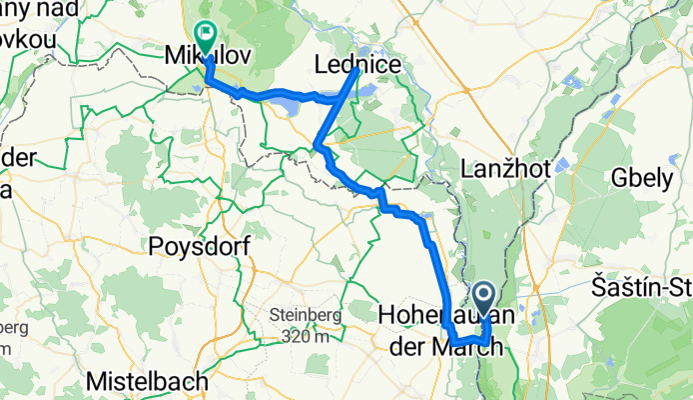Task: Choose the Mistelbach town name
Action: pos(147,381)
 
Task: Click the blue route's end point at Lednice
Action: pos(357,70)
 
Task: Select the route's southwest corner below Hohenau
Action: pos(454,344)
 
